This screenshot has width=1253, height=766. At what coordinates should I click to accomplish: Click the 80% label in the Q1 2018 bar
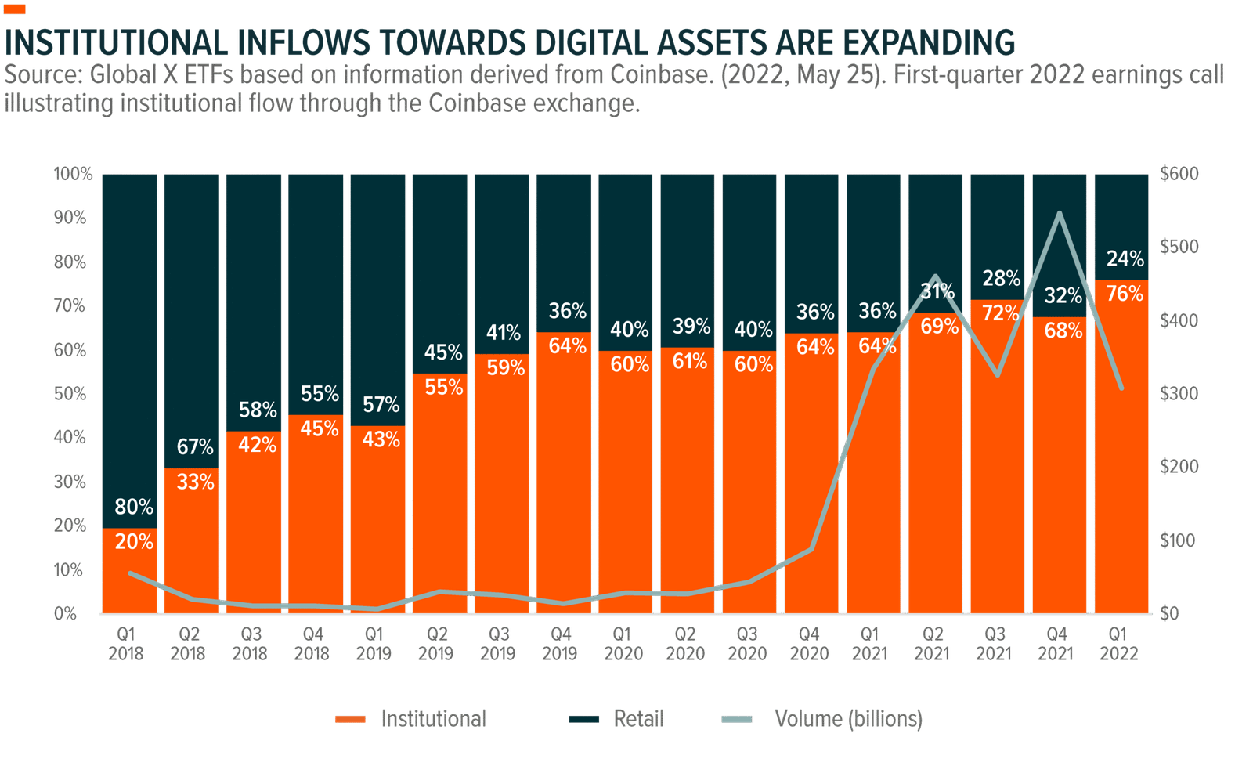[134, 508]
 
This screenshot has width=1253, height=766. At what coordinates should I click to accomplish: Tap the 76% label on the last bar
[1125, 294]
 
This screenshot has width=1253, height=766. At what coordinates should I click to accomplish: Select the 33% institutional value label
[195, 482]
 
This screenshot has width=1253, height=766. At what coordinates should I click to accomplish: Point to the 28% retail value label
[1001, 279]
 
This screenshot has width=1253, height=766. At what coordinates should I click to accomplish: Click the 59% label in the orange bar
[505, 367]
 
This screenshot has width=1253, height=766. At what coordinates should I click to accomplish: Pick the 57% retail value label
[381, 405]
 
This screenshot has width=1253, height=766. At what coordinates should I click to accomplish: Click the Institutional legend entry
[432, 718]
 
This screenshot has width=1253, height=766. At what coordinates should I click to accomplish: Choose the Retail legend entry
[638, 718]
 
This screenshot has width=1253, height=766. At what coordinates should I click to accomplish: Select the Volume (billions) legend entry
[848, 718]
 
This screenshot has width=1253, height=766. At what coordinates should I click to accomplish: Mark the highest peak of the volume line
[1060, 213]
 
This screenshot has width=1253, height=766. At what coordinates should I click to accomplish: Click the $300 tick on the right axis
[1179, 393]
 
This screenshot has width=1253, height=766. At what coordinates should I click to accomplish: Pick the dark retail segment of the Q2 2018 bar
[191, 313]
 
